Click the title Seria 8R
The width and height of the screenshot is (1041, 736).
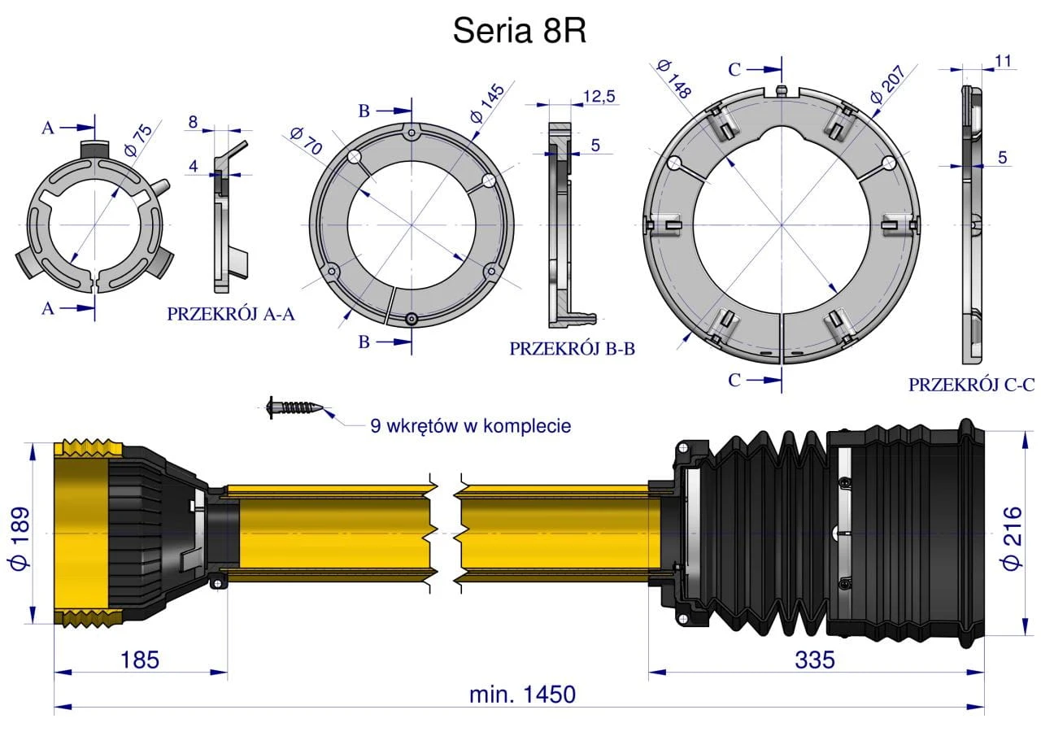click(x=519, y=31)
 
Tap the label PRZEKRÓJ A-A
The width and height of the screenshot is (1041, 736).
click(x=231, y=314)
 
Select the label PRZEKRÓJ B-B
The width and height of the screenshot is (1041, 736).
click(x=572, y=349)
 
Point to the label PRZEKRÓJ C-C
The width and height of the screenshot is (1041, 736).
click(x=971, y=385)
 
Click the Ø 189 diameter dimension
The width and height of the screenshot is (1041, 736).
click(x=20, y=538)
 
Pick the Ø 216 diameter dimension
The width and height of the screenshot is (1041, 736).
click(x=1013, y=538)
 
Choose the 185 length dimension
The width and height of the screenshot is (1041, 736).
click(x=139, y=660)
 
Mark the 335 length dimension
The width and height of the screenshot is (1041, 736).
click(x=815, y=660)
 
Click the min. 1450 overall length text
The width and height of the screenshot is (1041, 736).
click(x=522, y=695)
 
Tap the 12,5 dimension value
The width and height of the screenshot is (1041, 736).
click(x=599, y=96)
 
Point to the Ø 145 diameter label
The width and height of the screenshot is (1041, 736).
click(x=487, y=103)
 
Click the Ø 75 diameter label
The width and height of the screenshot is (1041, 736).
click(x=138, y=140)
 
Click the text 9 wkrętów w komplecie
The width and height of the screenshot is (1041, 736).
click(x=471, y=425)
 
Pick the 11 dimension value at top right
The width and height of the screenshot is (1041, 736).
click(x=1003, y=61)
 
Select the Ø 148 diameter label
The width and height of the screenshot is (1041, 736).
click(x=674, y=79)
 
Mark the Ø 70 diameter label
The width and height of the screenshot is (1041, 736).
click(x=306, y=141)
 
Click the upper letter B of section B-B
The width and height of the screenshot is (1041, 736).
click(x=364, y=111)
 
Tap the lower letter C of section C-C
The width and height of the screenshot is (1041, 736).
click(x=734, y=380)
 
